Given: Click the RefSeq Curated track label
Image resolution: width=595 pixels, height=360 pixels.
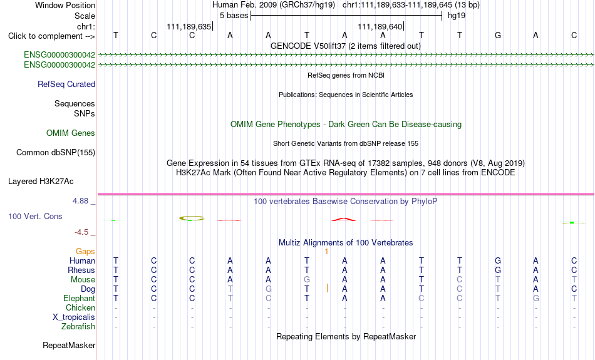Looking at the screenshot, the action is [x=66, y=85].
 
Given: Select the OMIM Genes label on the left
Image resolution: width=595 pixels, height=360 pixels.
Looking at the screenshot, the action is [x=71, y=133].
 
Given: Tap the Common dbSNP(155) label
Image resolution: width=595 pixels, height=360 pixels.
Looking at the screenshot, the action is [x=56, y=153].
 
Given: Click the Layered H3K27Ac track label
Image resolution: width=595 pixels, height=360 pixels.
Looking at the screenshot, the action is [x=41, y=182].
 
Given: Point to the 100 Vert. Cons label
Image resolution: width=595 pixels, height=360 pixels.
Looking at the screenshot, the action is [x=35, y=216].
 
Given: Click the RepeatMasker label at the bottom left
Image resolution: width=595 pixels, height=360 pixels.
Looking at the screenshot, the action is [x=69, y=345].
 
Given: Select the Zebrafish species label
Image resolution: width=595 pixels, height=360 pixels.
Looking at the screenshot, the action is [x=78, y=327].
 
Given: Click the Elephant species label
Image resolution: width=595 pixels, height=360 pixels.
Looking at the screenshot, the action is [x=79, y=299].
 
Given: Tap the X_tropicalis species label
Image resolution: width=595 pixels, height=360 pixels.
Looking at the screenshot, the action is [x=74, y=317].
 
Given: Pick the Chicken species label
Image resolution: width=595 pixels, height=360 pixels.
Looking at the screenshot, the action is [x=80, y=307].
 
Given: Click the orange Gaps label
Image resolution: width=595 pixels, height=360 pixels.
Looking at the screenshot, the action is [x=85, y=252].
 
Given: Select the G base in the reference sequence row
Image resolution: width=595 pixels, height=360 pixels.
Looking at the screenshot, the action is [x=498, y=36].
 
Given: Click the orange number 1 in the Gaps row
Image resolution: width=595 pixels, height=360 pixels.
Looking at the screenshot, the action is [x=326, y=252].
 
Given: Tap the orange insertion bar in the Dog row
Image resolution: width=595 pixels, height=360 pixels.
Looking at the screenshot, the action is [x=327, y=289].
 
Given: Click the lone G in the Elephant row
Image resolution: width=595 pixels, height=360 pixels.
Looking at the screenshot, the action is [x=535, y=299].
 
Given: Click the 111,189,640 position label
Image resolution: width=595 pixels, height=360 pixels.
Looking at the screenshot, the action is [x=380, y=26].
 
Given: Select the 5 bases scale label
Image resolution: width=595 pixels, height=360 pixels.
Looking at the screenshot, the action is [x=234, y=16].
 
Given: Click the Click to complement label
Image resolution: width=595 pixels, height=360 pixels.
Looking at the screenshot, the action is [x=51, y=36].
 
